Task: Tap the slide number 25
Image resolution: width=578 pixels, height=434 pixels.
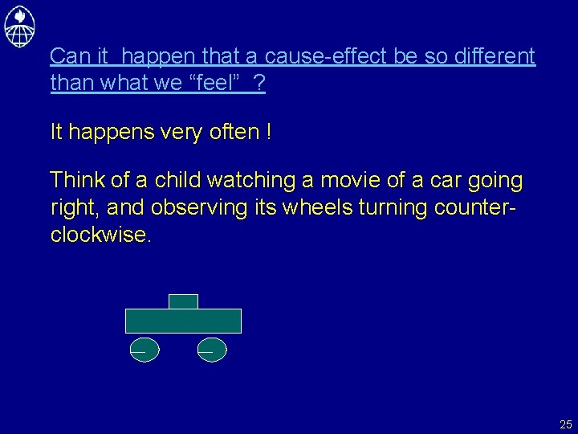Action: (566, 424)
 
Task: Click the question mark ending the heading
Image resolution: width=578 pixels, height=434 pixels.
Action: (258, 83)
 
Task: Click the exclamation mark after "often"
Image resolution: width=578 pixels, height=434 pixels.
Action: (267, 132)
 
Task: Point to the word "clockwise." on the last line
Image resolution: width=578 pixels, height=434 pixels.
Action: (100, 235)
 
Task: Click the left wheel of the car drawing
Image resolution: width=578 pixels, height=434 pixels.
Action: (144, 350)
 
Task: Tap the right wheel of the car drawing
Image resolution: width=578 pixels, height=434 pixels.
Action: (212, 350)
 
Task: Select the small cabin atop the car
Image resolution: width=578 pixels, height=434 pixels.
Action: (183, 301)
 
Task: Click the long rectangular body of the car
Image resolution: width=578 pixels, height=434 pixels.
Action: (183, 321)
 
